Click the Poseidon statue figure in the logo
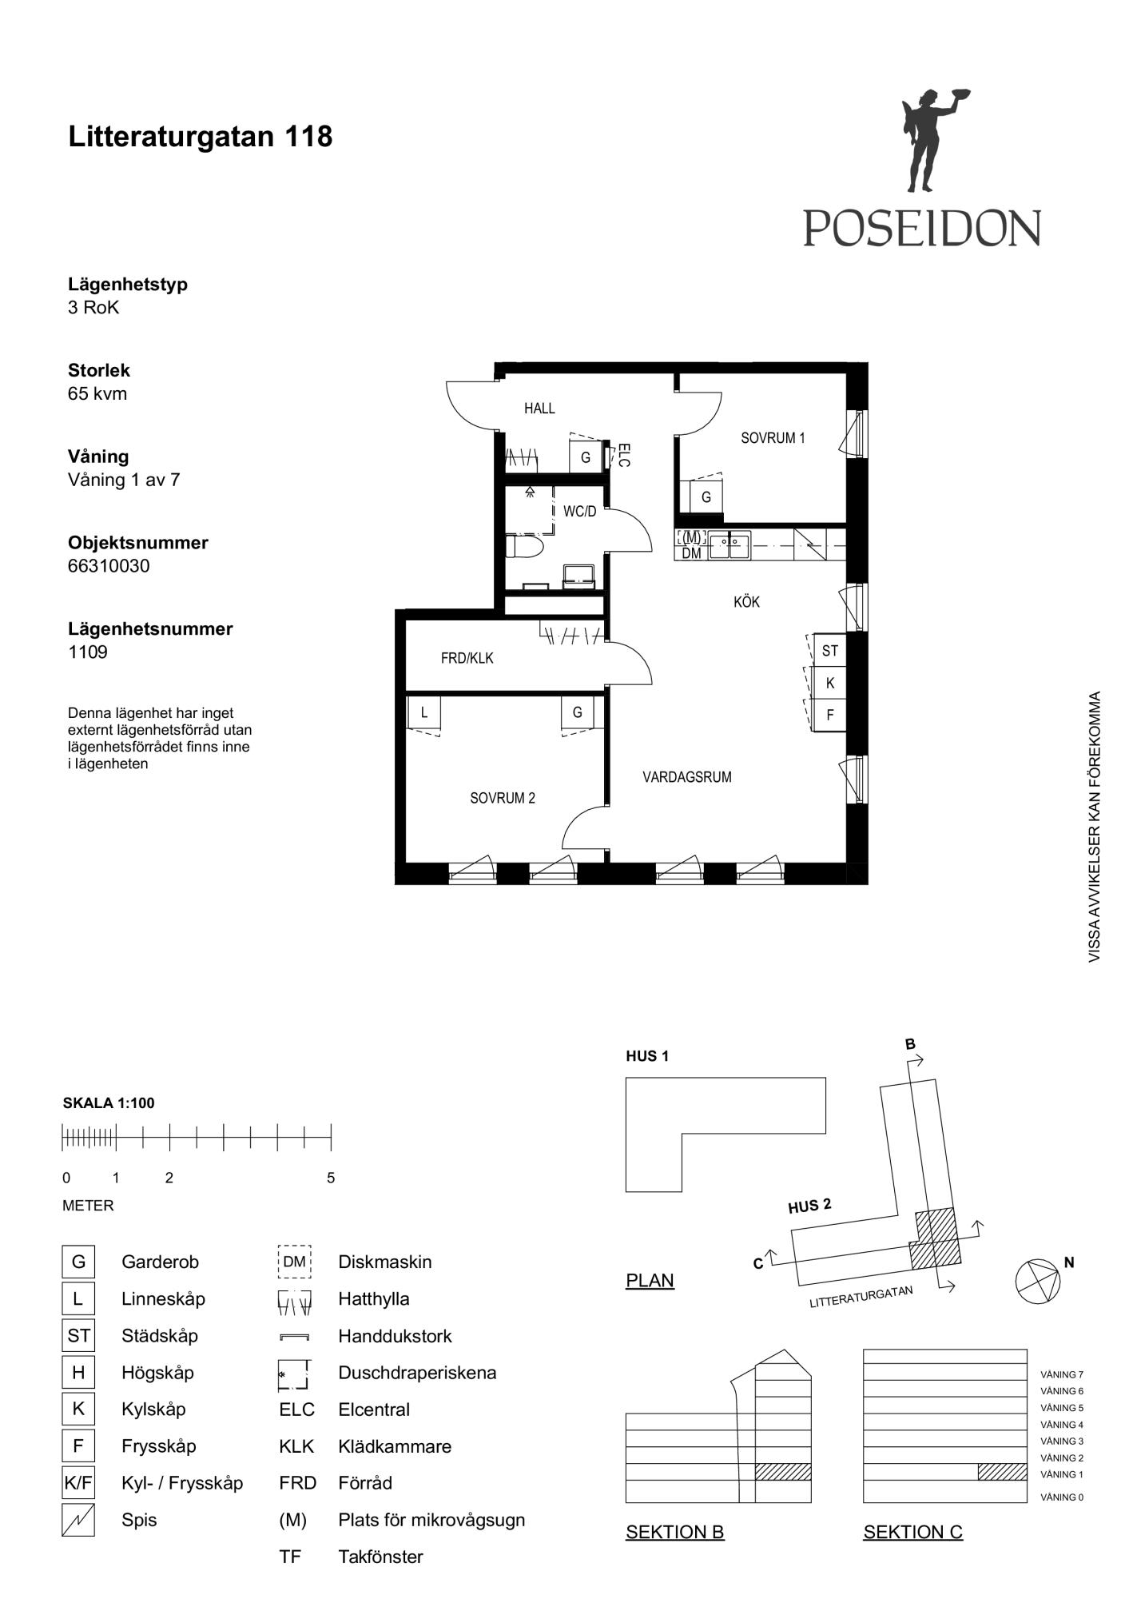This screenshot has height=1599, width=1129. (931, 140)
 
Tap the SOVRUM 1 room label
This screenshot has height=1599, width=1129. (773, 437)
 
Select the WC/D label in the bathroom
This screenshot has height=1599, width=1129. (579, 511)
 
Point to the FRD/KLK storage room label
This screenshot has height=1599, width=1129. (467, 658)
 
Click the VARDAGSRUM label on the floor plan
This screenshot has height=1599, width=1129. (687, 776)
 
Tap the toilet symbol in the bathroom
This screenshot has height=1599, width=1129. (524, 547)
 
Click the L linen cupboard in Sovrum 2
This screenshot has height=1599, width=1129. (424, 712)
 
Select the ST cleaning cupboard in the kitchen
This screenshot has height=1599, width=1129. (829, 650)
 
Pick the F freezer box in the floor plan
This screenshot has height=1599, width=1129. (829, 715)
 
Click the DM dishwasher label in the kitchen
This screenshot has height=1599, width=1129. (691, 553)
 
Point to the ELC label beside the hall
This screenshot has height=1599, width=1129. (624, 455)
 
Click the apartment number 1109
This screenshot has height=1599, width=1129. (88, 652)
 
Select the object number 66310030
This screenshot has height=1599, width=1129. (109, 565)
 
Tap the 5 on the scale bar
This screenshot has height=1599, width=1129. (331, 1178)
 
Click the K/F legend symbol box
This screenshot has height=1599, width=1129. (78, 1483)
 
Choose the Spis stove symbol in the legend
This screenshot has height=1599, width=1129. (78, 1520)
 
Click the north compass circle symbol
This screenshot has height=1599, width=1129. (1038, 1282)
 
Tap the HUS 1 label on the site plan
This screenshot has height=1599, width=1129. (647, 1056)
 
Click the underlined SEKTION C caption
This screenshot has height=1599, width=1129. (912, 1532)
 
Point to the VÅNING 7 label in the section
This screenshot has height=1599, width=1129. (1062, 1375)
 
